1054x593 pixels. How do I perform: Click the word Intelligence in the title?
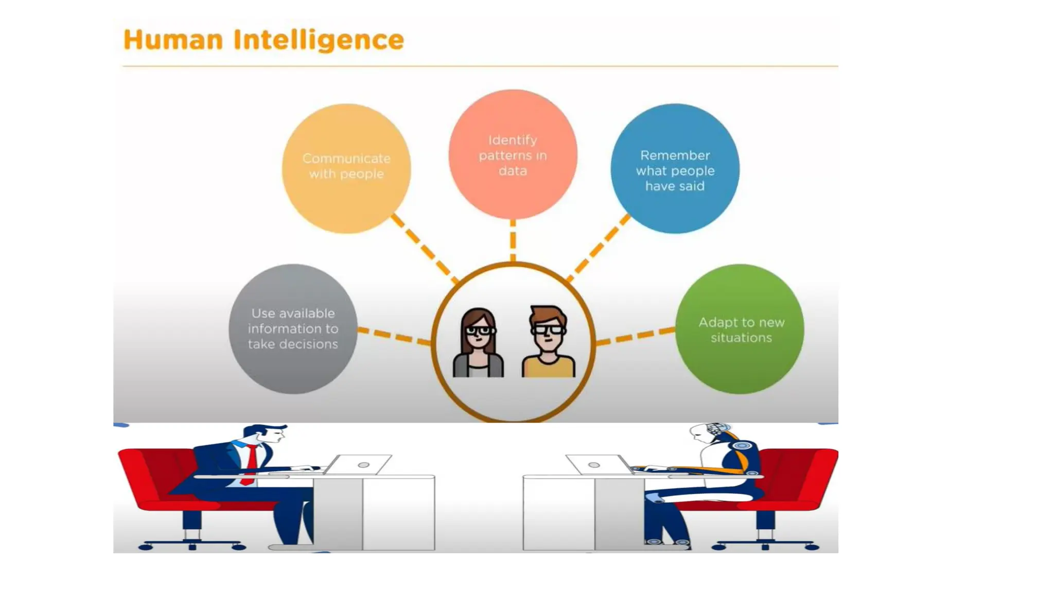point(319,40)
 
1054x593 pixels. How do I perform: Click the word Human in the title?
point(173,40)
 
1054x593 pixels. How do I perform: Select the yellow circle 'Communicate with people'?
point(346,168)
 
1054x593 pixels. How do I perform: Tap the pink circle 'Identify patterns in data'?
point(513,154)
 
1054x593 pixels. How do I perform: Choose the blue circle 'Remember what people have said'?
point(675,169)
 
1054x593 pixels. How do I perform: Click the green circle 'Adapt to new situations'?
point(740,329)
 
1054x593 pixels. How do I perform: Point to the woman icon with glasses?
point(478,342)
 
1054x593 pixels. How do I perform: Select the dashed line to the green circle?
point(636,336)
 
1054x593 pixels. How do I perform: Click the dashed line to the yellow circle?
point(424,248)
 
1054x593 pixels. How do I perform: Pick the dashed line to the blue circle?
point(599,248)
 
